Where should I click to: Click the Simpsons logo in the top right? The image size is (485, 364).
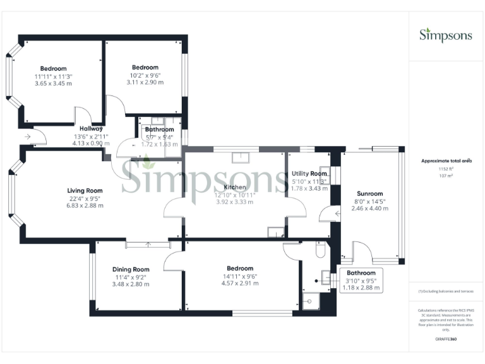[x=446, y=35]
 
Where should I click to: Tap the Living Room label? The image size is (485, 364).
[x=85, y=190]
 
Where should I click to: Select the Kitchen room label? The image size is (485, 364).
[x=235, y=187]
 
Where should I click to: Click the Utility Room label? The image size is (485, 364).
[x=309, y=173]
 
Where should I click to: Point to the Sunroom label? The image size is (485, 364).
[x=369, y=194]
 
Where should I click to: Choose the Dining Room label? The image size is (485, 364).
[x=131, y=269]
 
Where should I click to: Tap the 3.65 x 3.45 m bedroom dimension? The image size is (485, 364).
[x=54, y=83]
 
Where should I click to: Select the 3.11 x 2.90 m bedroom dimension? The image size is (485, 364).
[x=145, y=82]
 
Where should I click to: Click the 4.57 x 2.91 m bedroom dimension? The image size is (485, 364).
[x=240, y=283]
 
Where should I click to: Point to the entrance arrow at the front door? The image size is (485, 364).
[x=28, y=136]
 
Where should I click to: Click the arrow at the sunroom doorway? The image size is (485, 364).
[x=338, y=214]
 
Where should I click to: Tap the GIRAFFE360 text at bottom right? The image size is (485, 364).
[x=446, y=340]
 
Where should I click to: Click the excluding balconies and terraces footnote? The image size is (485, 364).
[x=446, y=291]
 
